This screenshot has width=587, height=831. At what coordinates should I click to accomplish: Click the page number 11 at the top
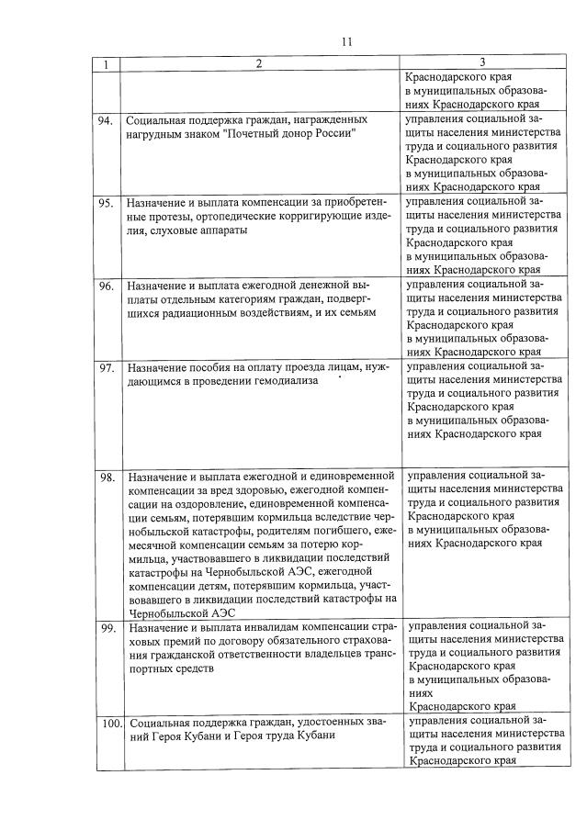coord(345,41)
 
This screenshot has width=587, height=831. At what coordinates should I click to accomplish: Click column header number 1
coord(107,64)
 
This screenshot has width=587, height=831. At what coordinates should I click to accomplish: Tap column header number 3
coord(483,63)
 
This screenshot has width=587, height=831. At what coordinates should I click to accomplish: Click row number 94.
coord(107,120)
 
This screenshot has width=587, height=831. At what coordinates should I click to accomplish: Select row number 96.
coord(107,286)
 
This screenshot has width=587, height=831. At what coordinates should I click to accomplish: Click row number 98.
coord(107,477)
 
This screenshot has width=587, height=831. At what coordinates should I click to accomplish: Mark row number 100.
coord(110,724)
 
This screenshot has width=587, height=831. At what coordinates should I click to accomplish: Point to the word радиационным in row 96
coord(214,313)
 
